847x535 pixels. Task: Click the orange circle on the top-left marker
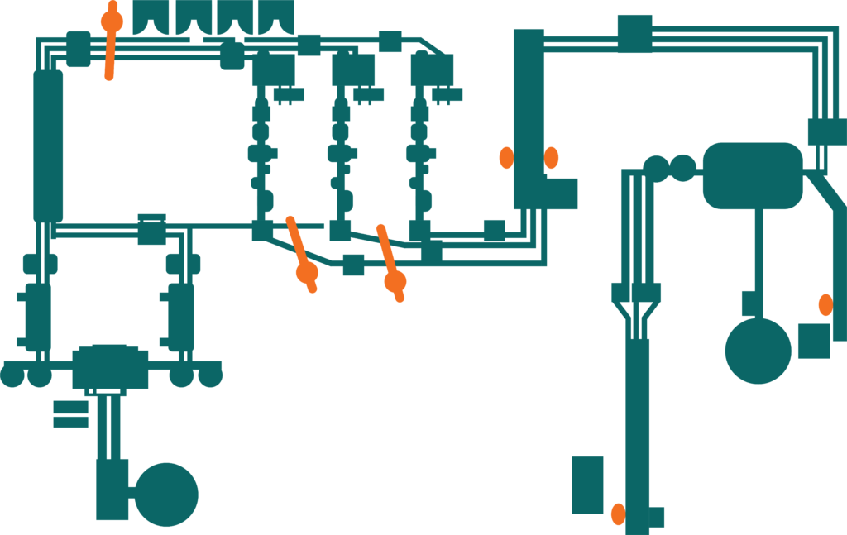(112, 21)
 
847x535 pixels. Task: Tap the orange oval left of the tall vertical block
(506, 157)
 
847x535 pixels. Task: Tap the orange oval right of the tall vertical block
(551, 157)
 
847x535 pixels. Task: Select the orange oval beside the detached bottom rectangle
(618, 514)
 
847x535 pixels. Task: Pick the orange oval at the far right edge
(825, 304)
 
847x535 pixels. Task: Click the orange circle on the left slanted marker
(307, 271)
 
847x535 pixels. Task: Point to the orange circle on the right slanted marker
(395, 282)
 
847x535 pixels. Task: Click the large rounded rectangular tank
(753, 175)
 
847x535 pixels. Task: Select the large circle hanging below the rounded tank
(758, 351)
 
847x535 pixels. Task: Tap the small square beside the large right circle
(814, 341)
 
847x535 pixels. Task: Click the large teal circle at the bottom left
(166, 494)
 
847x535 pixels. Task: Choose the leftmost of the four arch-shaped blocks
(151, 17)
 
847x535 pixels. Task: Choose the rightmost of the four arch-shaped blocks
(275, 17)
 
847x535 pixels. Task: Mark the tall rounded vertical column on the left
(48, 146)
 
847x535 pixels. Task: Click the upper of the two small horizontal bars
(70, 407)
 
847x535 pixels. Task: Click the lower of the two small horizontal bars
(70, 422)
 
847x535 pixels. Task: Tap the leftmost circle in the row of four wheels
(12, 375)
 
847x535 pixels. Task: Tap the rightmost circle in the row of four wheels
(210, 375)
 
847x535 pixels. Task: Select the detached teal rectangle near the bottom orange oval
(588, 485)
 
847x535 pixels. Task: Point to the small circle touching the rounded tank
(683, 168)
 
